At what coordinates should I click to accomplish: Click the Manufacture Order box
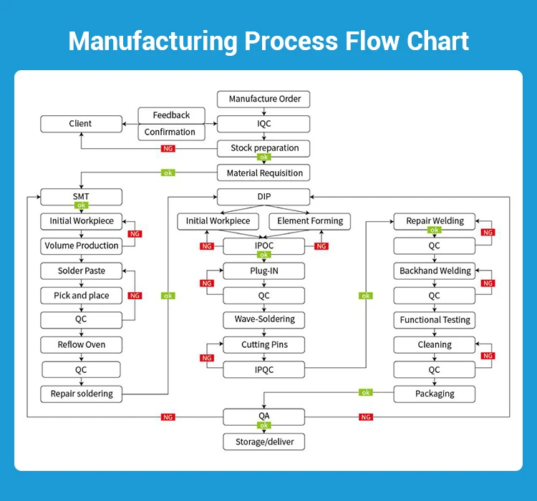pos(264,99)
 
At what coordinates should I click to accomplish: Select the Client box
pos(81,124)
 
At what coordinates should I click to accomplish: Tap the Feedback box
pos(171,115)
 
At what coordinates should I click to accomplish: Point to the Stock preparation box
pos(264,148)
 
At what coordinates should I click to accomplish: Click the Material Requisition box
pos(264,173)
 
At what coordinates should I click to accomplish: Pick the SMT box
pos(81,196)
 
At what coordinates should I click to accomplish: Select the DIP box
pos(264,196)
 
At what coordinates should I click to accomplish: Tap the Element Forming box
pos(310,221)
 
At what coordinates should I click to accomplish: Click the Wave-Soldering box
pos(264,319)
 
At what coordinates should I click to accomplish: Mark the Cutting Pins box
pos(264,345)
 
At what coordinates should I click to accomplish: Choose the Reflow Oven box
pos(81,345)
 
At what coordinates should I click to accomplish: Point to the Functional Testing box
pos(435,320)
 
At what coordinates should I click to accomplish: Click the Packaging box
pos(435,394)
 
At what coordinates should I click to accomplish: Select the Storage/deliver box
pos(264,442)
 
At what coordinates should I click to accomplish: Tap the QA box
pos(264,417)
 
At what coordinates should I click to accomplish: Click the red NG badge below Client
pos(168,149)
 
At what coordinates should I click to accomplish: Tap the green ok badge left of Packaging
pos(366,392)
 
